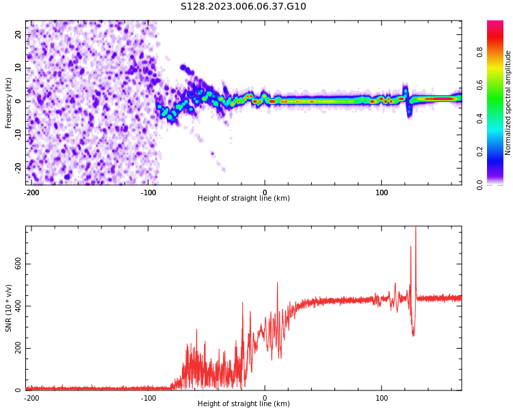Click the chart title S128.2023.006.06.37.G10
244,7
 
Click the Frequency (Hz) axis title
9,103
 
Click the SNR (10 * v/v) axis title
9,308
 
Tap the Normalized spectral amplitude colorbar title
508,103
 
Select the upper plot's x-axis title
244,198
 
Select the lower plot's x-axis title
244,403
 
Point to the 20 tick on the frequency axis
19,34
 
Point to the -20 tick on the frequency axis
19,167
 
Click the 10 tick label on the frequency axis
19,67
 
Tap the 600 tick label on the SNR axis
19,264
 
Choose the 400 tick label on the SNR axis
19,306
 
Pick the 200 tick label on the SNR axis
19,348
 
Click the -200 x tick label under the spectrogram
31,192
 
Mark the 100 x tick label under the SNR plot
381,397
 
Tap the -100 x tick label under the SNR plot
148,397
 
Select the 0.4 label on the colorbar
480,117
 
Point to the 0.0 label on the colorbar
480,184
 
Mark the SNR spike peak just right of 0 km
277,283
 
